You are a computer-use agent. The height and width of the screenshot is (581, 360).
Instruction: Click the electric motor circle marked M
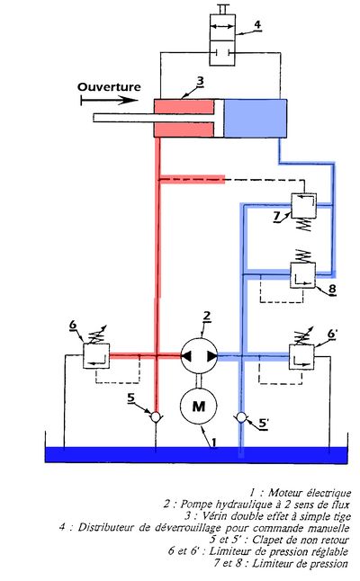(x=198, y=406)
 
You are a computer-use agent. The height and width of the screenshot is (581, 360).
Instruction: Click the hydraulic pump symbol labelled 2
(x=199, y=356)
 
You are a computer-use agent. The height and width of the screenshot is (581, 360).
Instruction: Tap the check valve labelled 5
(x=156, y=417)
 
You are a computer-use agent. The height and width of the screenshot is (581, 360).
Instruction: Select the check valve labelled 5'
(x=241, y=417)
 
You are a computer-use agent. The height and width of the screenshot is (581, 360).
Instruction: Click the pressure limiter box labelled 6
(x=96, y=356)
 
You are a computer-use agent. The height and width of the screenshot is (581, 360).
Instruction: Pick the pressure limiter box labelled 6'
(x=301, y=357)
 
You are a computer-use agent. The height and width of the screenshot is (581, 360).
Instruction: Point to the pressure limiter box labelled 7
(x=303, y=206)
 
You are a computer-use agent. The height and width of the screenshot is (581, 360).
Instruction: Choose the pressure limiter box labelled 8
(x=302, y=275)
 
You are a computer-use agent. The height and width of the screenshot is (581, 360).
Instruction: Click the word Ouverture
(x=109, y=87)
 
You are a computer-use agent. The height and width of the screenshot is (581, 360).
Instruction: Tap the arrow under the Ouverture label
(x=110, y=100)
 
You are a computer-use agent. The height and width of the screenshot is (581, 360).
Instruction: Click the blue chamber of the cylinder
(x=256, y=118)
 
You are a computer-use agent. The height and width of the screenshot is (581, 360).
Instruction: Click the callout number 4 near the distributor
(x=256, y=25)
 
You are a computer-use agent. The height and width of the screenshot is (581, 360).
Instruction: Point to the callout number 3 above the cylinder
(x=200, y=81)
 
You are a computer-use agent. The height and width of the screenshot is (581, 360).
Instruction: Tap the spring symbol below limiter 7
(x=304, y=225)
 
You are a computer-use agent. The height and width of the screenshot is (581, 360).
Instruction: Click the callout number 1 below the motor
(x=214, y=442)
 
